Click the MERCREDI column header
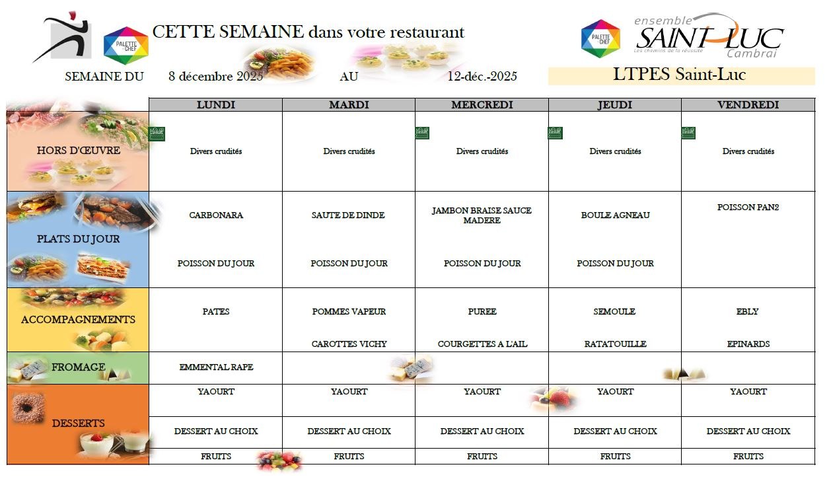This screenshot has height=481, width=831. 482,105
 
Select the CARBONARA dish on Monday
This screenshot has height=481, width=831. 216,215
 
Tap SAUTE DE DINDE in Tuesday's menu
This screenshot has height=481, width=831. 349,215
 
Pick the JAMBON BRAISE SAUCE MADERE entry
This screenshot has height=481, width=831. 482,215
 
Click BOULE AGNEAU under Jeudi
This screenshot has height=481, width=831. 615,215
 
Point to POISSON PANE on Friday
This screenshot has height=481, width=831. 748,207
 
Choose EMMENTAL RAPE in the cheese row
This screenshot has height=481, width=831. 216,367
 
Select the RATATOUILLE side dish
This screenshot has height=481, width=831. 615,344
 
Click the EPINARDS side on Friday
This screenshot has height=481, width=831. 748,344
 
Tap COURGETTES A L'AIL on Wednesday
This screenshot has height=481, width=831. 482,344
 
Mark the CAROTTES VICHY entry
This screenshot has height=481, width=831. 349,344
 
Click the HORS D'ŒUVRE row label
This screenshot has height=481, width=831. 79,151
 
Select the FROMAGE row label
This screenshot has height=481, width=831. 79,367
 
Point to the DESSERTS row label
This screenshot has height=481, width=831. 79,423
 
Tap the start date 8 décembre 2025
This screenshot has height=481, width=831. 216,77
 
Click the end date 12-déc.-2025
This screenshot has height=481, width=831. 482,77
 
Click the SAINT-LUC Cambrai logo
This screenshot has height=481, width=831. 708,36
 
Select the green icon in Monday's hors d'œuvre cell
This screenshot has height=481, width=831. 157,133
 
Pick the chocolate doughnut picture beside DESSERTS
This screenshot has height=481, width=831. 28,408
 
